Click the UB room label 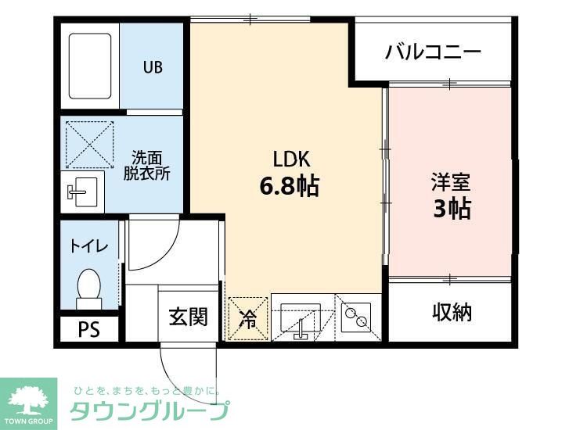click(x=153, y=67)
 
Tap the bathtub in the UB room click(x=90, y=66)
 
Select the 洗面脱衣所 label click(x=146, y=165)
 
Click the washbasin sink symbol click(x=81, y=190)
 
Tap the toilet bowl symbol click(x=89, y=288)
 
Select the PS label click(x=88, y=329)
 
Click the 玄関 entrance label click(x=188, y=317)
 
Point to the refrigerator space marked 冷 click(x=247, y=319)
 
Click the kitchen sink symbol click(x=301, y=318)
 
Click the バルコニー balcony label click(x=432, y=53)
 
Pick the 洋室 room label click(x=450, y=182)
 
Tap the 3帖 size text click(x=451, y=209)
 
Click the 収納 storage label click(x=452, y=312)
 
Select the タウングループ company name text click(x=149, y=410)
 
